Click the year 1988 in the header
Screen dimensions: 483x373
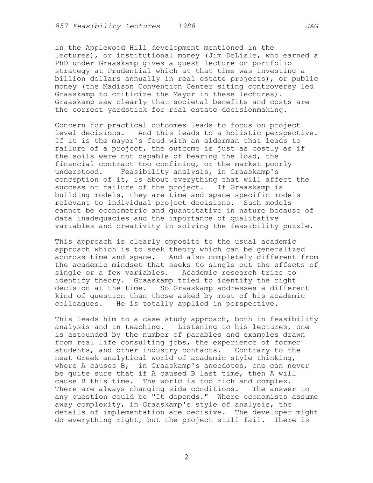coord(186,26)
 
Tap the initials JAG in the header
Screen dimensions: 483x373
coord(312,26)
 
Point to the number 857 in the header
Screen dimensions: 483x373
coord(62,26)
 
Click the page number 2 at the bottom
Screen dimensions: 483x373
coord(186,457)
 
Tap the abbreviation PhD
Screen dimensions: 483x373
coord(62,63)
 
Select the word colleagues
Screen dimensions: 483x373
coord(77,304)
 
